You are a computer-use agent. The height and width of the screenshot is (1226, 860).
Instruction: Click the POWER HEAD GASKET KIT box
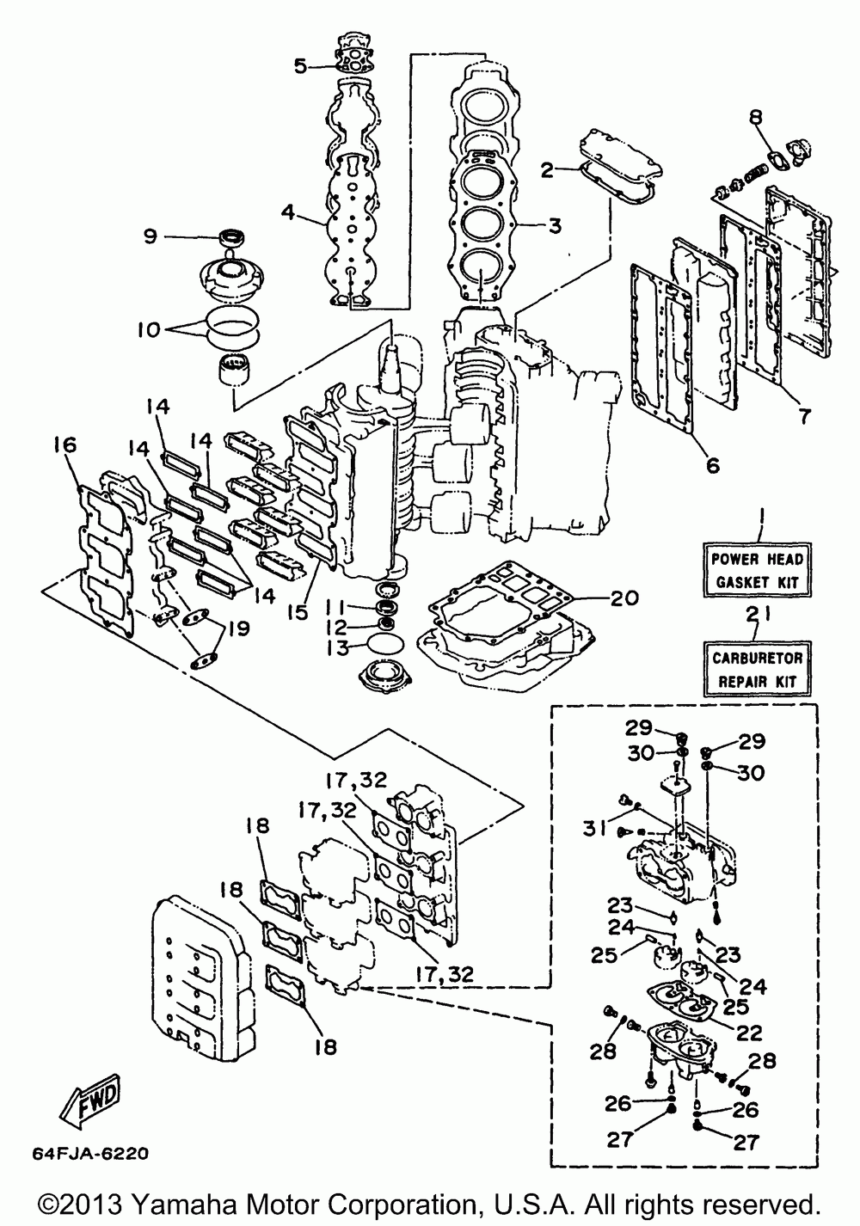[757, 570]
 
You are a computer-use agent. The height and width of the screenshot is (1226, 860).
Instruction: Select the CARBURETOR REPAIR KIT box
[757, 668]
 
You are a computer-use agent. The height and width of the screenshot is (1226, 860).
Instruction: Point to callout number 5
[301, 66]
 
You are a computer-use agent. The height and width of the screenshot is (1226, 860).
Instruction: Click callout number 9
[150, 236]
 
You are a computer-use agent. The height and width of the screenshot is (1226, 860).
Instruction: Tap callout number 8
[755, 117]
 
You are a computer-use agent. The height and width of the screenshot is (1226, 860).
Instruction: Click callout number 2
[548, 169]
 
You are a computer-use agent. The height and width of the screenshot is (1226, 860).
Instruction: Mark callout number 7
[803, 416]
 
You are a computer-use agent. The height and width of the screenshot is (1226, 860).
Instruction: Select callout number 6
[712, 466]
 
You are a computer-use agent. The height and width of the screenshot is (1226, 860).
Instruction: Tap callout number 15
[298, 612]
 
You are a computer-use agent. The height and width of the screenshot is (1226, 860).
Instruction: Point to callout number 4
[288, 211]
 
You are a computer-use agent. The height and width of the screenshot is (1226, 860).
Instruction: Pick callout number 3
[555, 225]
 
